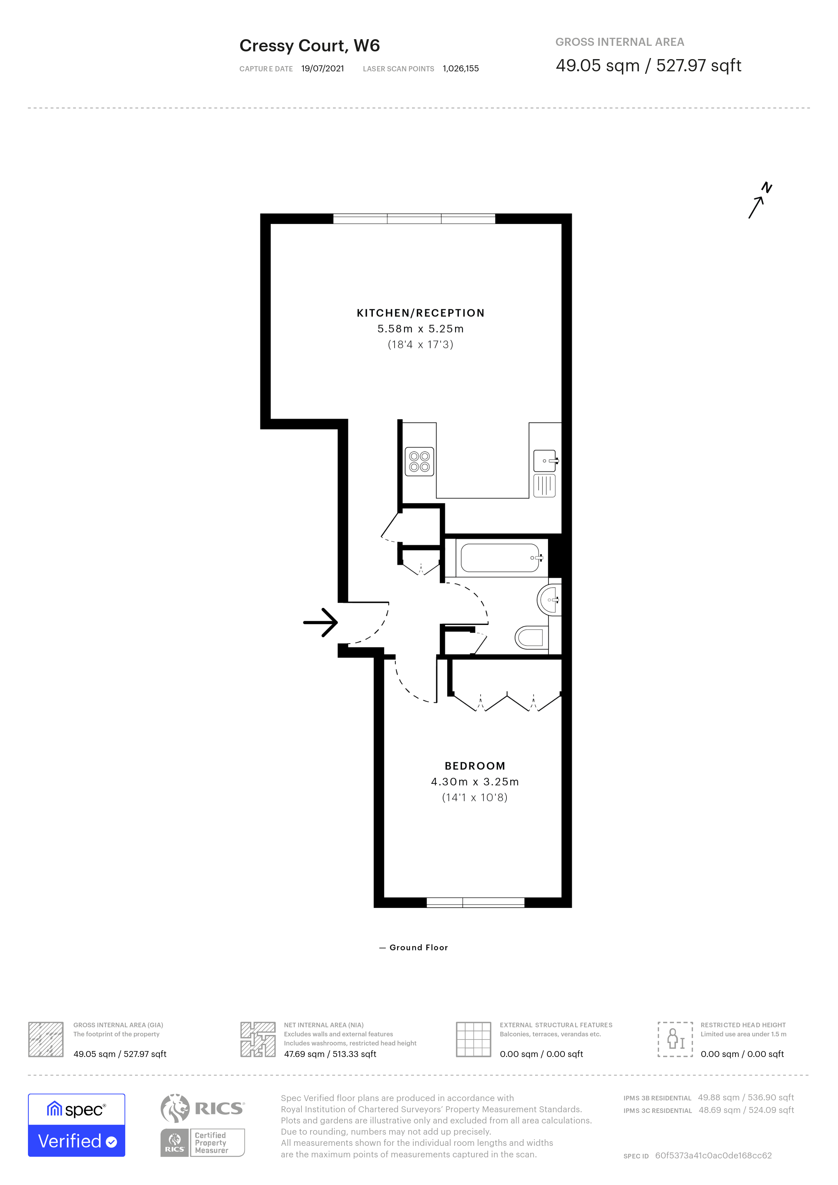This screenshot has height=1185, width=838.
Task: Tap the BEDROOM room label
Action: [x=475, y=766]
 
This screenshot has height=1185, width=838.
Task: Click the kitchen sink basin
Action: [x=545, y=460]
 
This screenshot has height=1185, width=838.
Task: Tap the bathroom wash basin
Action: [x=548, y=600]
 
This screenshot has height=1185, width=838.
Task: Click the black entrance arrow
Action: [x=320, y=623]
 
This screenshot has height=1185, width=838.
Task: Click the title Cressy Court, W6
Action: [x=310, y=45]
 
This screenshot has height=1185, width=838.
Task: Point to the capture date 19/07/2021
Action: [x=322, y=69]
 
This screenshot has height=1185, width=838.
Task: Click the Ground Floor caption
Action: [x=419, y=948]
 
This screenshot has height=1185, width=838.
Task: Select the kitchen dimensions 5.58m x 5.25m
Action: [x=420, y=329]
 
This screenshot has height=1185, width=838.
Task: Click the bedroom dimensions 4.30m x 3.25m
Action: [x=475, y=782]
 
